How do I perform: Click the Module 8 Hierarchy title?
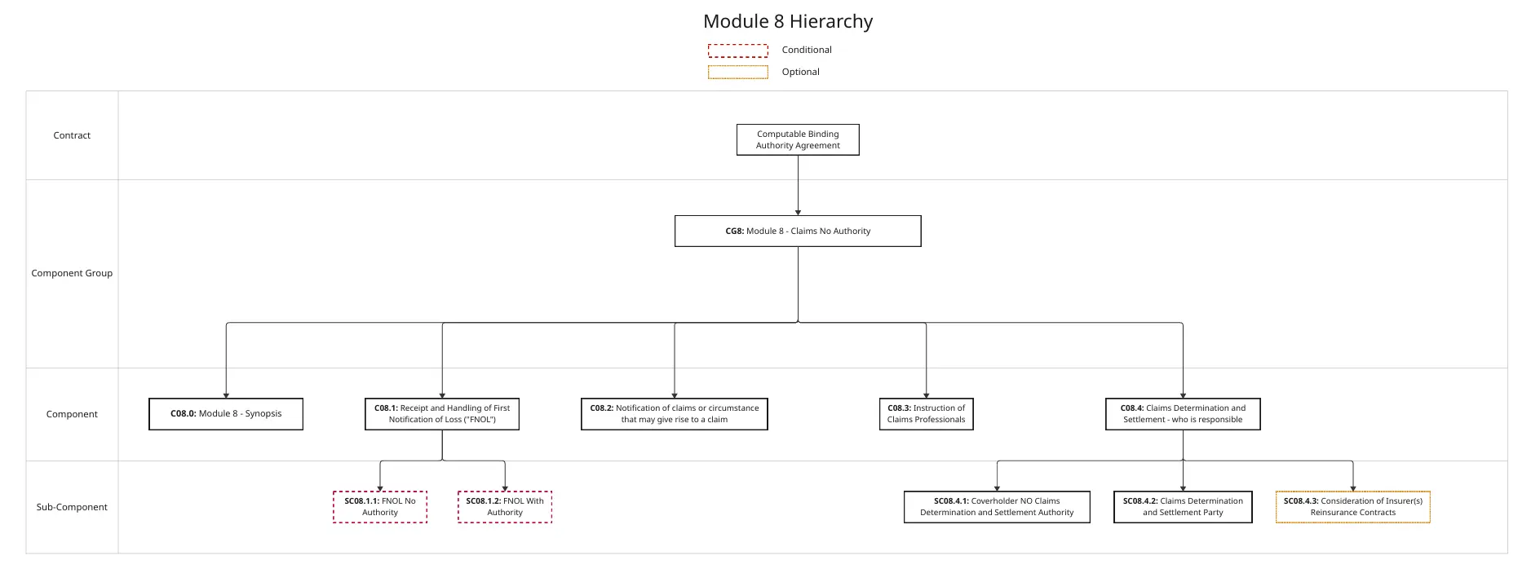tap(788, 22)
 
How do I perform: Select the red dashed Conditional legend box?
tap(737, 51)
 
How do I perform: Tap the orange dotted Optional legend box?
tap(737, 73)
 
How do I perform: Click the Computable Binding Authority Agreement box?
tap(798, 139)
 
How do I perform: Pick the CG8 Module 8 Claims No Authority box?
tap(798, 231)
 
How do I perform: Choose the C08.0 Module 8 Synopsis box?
tap(226, 414)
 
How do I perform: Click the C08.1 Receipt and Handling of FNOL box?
tap(442, 414)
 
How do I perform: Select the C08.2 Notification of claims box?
tap(675, 414)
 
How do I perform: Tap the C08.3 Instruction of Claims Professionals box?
tap(926, 414)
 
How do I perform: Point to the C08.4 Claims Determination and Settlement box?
tap(1183, 414)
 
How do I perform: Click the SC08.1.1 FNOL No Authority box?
tap(380, 507)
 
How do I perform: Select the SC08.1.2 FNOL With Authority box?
tap(505, 507)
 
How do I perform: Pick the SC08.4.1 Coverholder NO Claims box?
tap(997, 507)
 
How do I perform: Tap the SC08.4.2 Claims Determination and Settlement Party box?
tap(1183, 507)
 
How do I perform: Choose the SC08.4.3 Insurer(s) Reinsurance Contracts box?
tap(1353, 507)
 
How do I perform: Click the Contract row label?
tap(72, 135)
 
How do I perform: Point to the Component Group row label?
tap(72, 273)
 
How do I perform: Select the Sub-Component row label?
tap(72, 507)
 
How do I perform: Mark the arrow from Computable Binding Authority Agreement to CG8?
tap(798, 186)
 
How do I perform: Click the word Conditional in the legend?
tap(807, 50)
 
